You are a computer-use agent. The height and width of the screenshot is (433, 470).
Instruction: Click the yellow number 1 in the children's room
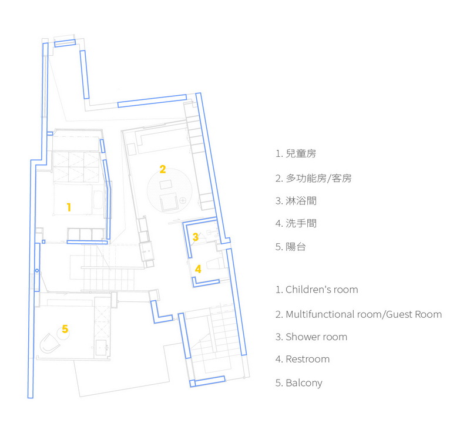[69, 207]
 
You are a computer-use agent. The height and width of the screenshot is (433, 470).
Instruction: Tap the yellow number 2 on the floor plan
[163, 169]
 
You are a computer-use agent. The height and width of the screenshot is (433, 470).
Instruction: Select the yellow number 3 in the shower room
[196, 237]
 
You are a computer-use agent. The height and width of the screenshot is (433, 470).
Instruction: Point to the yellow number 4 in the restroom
[198, 269]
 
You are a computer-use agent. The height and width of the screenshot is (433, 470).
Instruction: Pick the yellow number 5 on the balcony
[65, 329]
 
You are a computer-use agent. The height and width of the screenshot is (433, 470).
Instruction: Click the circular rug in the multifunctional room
[169, 190]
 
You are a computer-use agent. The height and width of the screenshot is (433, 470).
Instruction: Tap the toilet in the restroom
[214, 264]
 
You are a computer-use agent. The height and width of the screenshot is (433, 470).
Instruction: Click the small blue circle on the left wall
[37, 271]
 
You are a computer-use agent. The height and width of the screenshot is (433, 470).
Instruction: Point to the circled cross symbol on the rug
[183, 200]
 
